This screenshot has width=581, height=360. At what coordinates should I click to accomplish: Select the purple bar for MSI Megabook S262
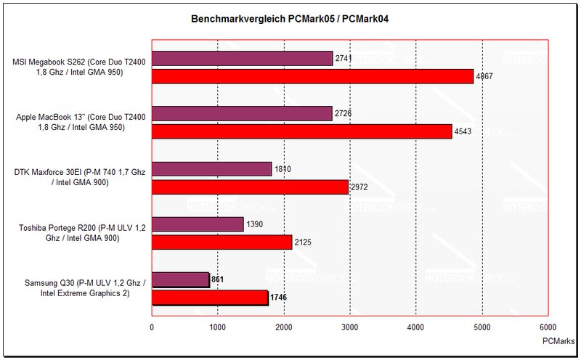pos(242,59)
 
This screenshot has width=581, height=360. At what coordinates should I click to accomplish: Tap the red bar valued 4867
pos(312,76)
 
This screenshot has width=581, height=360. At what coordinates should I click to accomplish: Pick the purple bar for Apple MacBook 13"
pos(241,114)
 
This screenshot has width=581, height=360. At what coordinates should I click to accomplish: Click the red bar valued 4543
pos(301,131)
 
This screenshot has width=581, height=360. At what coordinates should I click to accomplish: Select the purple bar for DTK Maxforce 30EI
pos(211,169)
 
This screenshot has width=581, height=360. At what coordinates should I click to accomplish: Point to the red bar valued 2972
pos(250,187)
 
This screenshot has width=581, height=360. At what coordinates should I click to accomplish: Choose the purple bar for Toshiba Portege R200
pos(198,224)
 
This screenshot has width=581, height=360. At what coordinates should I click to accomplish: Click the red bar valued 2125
pos(222,242)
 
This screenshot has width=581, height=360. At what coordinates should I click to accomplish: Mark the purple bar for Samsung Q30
pos(180,279)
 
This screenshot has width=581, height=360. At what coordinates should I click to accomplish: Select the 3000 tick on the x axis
pos(349,327)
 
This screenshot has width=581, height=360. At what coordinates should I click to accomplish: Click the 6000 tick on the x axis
pos(548,327)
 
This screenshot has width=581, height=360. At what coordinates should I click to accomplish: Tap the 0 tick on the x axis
pos(152,327)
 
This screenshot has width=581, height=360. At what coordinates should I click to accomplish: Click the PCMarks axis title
pos(556,340)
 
